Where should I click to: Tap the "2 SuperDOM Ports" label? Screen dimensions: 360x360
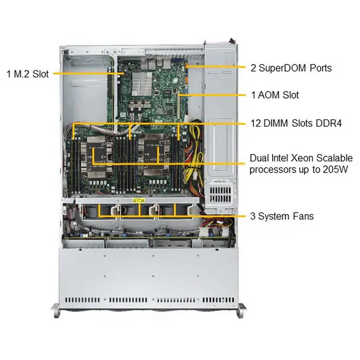[x=291, y=68]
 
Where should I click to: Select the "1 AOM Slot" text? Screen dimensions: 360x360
[x=275, y=95]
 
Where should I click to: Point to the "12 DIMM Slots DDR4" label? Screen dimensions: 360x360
[x=296, y=123]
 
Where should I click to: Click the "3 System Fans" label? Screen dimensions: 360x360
[x=282, y=216]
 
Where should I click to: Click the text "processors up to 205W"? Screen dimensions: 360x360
[x=298, y=170]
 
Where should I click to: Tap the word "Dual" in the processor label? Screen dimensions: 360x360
[x=259, y=158]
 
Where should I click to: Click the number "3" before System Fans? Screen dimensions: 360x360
[x=253, y=216]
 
